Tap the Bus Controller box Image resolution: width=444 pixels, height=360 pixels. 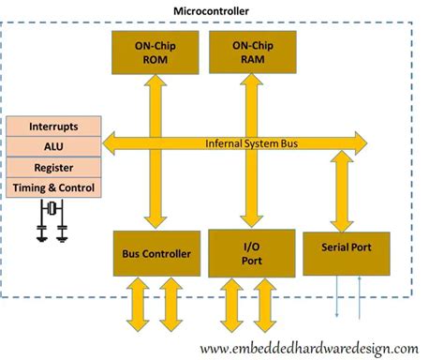(156, 254)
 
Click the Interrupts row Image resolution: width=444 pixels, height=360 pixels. (52, 127)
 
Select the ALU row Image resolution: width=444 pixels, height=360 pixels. (52, 147)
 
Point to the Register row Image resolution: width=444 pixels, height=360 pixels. (52, 168)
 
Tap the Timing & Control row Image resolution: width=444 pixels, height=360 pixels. (52, 187)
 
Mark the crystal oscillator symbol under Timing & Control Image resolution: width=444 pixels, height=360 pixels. (52, 218)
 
